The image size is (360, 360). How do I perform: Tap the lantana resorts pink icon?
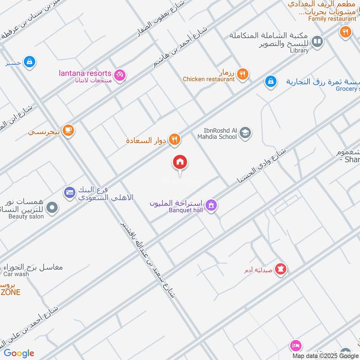point(120,75)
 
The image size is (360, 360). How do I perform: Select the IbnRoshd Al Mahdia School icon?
point(245,133)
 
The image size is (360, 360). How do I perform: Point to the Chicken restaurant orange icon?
point(243,74)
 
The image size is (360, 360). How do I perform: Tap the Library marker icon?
point(317,42)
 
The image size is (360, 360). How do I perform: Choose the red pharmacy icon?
point(281,269)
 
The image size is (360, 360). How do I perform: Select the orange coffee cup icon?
point(68,130)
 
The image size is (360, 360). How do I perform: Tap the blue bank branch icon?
point(69,193)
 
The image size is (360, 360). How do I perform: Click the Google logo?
point(19,353)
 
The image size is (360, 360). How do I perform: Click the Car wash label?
point(16,274)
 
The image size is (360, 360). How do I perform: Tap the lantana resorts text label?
point(85,73)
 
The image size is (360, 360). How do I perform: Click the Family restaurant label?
point(332,19)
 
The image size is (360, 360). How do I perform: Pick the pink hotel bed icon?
point(295,345)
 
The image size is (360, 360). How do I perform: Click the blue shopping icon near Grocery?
point(270,81)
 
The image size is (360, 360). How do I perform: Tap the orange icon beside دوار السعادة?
point(175,140)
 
